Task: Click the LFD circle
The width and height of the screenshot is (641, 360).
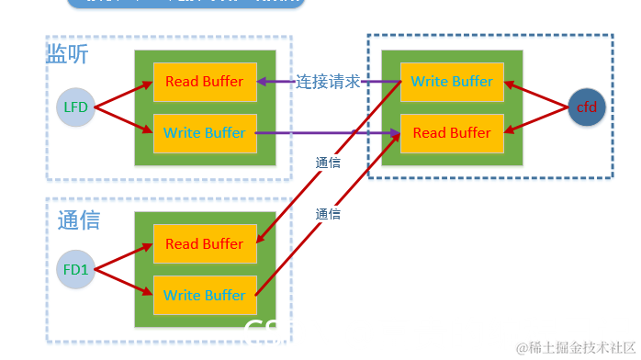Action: click(75, 107)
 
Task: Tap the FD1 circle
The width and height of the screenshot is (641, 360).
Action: click(75, 269)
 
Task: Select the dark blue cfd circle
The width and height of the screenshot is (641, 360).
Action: click(586, 107)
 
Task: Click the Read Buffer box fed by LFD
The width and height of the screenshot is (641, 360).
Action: click(204, 82)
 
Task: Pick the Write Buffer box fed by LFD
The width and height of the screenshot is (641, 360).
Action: click(204, 133)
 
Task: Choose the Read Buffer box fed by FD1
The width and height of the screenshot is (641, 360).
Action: click(204, 244)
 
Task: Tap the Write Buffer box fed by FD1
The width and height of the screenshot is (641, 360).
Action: click(204, 296)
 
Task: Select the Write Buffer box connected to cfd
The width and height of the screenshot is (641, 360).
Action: click(452, 82)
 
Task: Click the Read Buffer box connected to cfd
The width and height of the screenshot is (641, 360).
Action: click(452, 133)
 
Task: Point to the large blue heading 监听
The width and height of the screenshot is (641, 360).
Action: click(67, 54)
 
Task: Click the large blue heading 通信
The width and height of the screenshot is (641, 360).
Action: click(78, 220)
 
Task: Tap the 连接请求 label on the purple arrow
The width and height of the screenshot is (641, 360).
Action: click(328, 82)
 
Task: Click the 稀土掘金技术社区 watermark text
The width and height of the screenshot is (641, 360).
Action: click(576, 347)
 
